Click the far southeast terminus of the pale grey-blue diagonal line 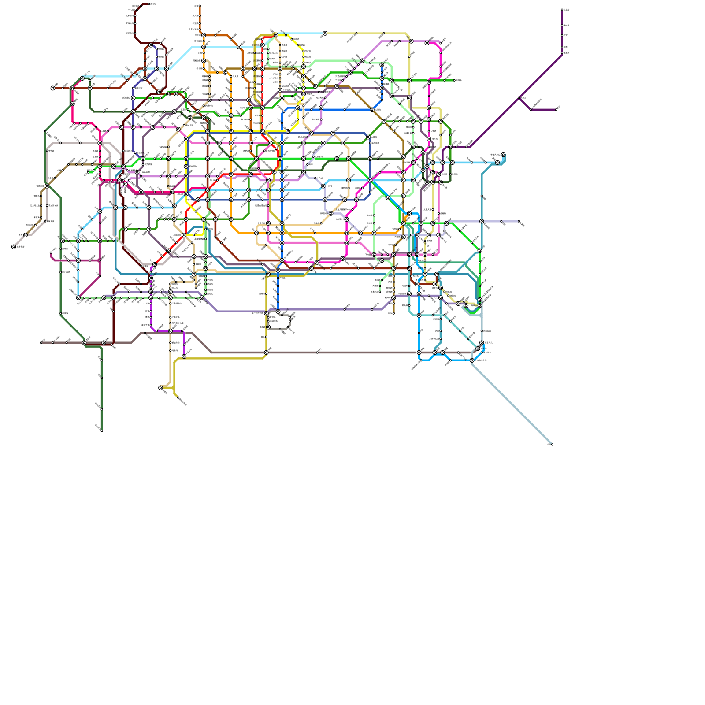tap(552, 444)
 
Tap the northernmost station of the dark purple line tap(562, 10)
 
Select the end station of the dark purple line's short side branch tap(556, 110)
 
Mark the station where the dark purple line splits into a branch tap(520, 98)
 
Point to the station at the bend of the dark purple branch tap(531, 110)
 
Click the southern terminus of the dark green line tap(102, 431)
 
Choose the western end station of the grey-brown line tap(41, 342)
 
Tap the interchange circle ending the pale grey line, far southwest tap(14, 247)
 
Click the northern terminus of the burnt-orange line tap(200, 6)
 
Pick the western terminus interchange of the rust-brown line tap(53, 88)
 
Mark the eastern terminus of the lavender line tap(519, 221)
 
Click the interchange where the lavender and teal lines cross tap(482, 221)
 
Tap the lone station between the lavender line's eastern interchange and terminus tap(501, 221)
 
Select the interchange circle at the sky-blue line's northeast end tap(503, 155)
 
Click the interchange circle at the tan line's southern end tap(161, 388)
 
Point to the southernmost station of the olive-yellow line tap(178, 398)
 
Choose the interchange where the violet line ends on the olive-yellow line tap(184, 356)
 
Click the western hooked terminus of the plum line tap(52, 253)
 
